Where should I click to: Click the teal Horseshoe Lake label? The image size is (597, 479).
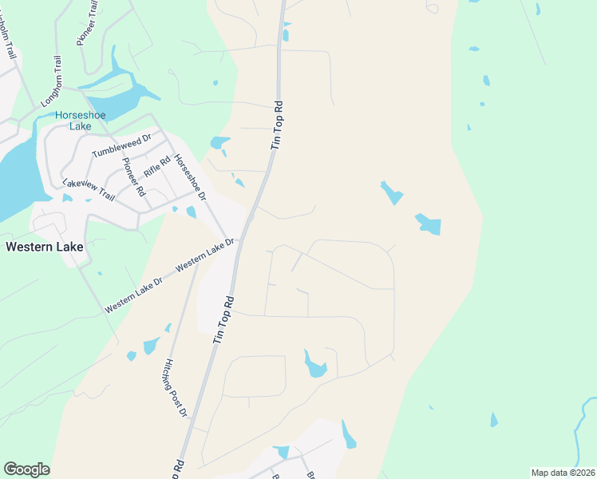[x=81, y=121]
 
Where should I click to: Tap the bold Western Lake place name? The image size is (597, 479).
[x=44, y=247]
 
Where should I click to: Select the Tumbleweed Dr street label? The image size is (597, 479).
[x=121, y=147]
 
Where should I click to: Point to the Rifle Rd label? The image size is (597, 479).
[x=157, y=166]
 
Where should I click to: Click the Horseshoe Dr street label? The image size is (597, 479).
[x=190, y=177]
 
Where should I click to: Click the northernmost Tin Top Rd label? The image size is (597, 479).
[x=278, y=125]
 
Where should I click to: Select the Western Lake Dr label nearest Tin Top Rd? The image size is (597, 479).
[x=206, y=252]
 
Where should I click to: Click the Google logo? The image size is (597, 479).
[x=26, y=469]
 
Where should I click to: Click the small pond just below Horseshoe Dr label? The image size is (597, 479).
[x=191, y=212]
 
